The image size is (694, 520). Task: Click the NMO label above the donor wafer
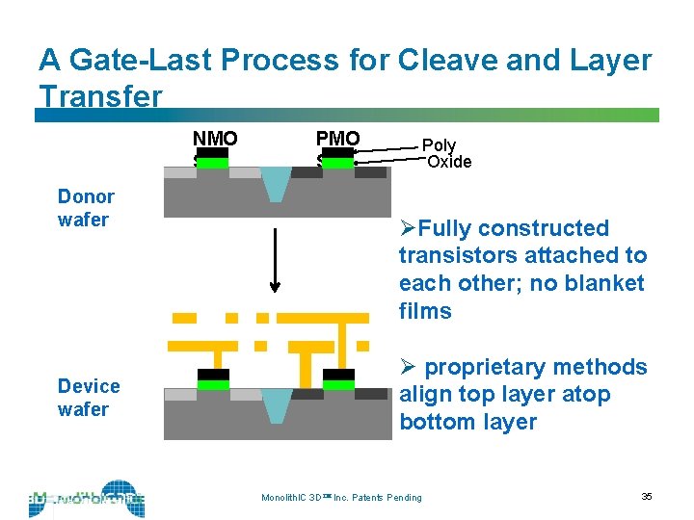tap(215, 138)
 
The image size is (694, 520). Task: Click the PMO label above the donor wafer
tap(337, 138)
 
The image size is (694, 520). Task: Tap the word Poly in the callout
tap(440, 145)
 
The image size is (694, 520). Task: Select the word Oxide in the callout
tap(449, 162)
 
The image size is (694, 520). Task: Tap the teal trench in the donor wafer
tap(276, 183)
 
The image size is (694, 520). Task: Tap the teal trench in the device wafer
tap(277, 404)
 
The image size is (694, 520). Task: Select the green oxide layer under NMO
tap(212, 163)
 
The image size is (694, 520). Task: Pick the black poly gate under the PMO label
tap(337, 152)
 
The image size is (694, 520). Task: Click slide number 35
tap(647, 496)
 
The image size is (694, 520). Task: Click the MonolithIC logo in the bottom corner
tap(87, 499)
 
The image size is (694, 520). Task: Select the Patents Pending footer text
tap(389, 497)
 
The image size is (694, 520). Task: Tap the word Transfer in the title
tap(100, 96)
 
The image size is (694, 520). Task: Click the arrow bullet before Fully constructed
tap(407, 228)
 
